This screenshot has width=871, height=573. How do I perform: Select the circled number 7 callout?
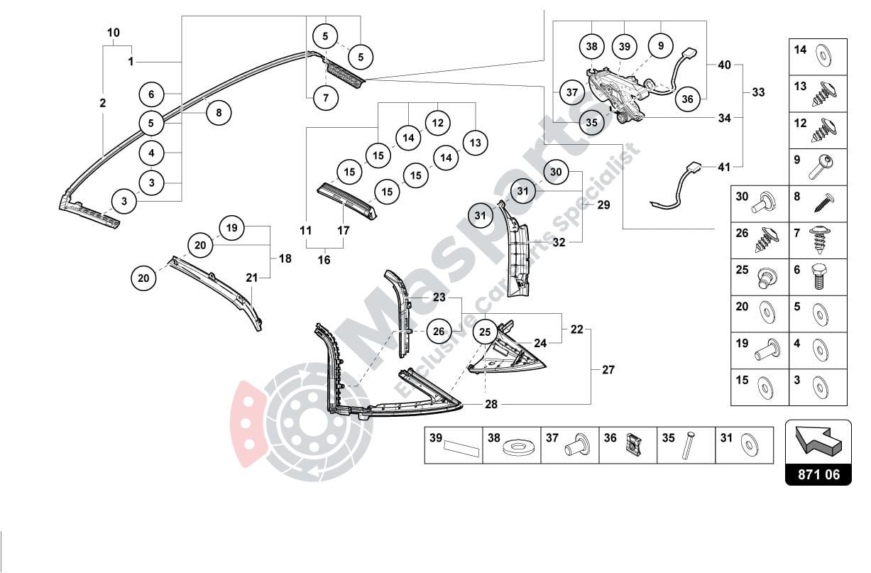pos(325,98)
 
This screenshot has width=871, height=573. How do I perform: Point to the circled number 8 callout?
pos(219,111)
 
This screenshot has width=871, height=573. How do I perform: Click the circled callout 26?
pos(439,331)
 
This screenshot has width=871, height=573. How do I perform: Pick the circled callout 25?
pos(485,331)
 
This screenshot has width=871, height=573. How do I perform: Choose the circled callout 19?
pos(231,228)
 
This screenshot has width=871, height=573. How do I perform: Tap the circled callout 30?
pos(556,173)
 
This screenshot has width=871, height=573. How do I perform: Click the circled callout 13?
pos(475,143)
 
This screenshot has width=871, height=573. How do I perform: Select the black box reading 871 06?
pos(818,474)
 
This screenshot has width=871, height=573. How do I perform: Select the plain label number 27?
pos(608,369)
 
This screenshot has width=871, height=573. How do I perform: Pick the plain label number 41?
pos(723,168)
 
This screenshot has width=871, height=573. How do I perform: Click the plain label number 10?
pos(114,33)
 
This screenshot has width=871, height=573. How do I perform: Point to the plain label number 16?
pos(324,260)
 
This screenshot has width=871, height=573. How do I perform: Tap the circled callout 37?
pos(571,92)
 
